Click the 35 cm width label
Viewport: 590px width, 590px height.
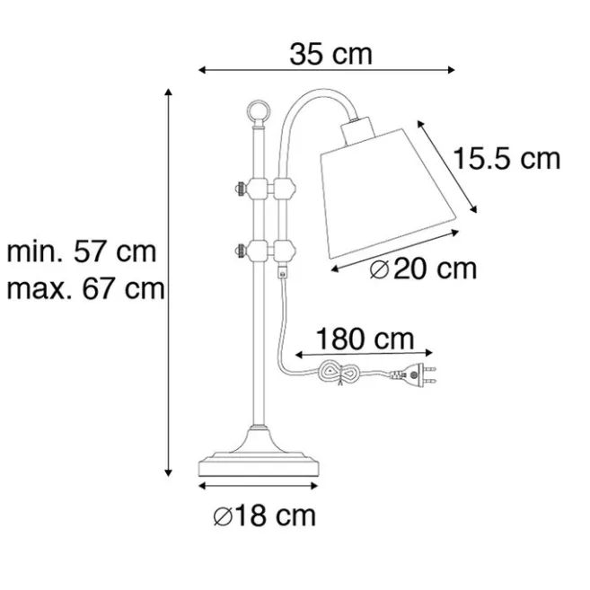coord(330,54)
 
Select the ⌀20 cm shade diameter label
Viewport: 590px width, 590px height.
coord(422,269)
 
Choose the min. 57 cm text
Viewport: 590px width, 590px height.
coord(82,251)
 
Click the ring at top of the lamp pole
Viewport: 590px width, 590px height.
coord(258,112)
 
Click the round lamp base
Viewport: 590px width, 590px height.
coord(259,462)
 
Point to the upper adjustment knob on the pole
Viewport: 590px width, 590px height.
coord(241,189)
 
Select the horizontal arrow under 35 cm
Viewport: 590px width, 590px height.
coord(328,70)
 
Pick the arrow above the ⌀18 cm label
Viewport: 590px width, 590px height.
coord(259,486)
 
